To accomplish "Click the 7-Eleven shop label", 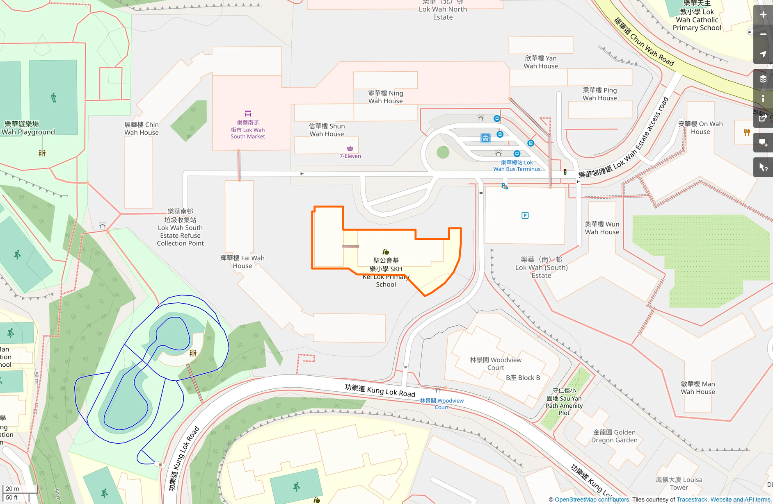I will click(x=350, y=156).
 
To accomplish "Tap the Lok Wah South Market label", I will click(x=247, y=129).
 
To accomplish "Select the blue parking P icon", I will click(x=525, y=216).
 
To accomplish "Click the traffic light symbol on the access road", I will click(x=565, y=172).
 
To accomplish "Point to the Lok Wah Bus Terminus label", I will click(x=517, y=166).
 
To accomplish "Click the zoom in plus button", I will click(x=763, y=15).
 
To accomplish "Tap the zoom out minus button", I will click(x=763, y=34).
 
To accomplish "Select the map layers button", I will click(x=763, y=79).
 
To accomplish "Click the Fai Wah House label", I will click(x=242, y=262).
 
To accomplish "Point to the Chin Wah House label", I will click(x=142, y=128).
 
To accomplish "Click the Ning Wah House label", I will click(x=385, y=97).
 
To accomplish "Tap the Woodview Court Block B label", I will click(x=523, y=378).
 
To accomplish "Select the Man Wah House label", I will click(x=698, y=388).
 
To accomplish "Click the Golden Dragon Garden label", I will click(x=614, y=436).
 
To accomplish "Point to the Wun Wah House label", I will click(x=602, y=228).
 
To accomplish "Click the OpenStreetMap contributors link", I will click(x=592, y=499).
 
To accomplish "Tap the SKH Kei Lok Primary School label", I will click(x=386, y=272).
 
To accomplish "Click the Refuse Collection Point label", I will click(x=180, y=227).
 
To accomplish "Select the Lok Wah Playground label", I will click(x=28, y=128).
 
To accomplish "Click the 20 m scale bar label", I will click(x=12, y=488).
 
